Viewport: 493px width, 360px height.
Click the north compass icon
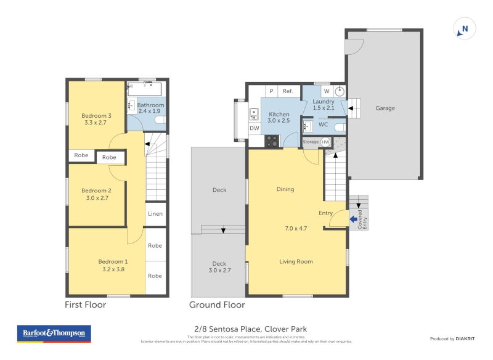tap(465, 28)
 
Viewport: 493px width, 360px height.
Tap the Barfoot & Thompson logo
tap(54, 333)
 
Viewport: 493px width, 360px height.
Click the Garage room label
tap(385, 108)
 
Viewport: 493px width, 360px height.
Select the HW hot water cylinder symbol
tap(325, 142)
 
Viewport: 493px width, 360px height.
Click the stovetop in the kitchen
tap(272, 141)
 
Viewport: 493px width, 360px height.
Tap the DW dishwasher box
tap(254, 128)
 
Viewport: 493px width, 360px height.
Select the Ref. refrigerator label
tap(288, 91)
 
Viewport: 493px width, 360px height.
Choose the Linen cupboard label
tap(155, 214)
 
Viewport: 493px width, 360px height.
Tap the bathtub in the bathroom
tap(144, 90)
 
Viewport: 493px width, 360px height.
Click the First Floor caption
tap(85, 305)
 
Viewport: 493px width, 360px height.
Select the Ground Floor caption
tap(216, 305)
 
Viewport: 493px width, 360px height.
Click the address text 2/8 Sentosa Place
tap(246, 329)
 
